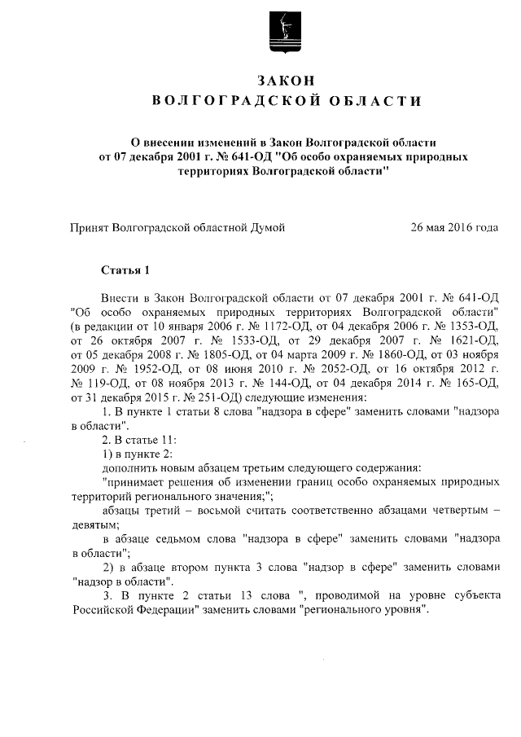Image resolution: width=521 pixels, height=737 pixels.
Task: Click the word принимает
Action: pyautogui.click(x=133, y=481)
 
